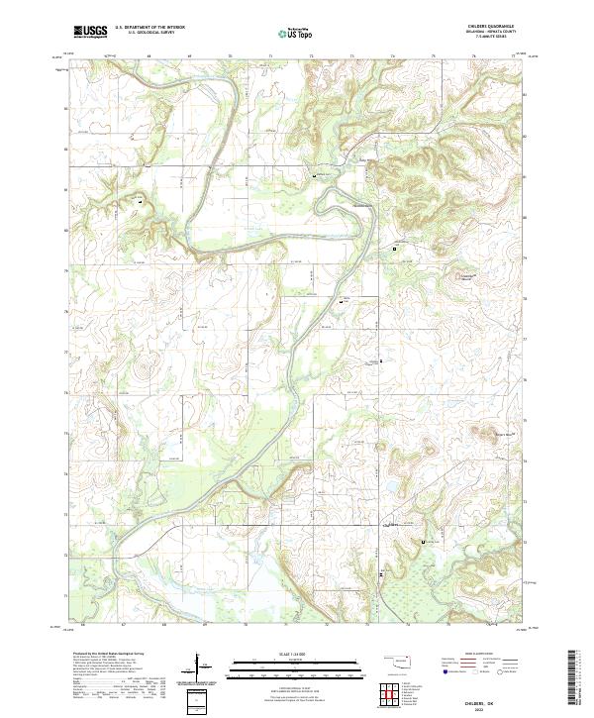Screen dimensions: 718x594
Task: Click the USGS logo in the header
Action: (90, 32)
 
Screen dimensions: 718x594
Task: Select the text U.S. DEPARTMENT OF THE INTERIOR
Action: (150, 28)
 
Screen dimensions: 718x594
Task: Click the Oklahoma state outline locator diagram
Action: (400, 661)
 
